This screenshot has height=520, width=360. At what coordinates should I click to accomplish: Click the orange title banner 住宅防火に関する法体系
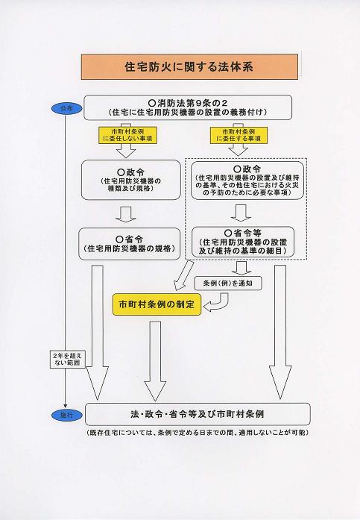click(x=189, y=66)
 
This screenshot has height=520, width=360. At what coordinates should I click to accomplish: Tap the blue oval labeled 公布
click(x=67, y=108)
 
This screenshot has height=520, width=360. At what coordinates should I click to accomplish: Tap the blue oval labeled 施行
click(x=67, y=415)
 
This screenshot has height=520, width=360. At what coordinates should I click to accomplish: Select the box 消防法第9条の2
click(x=188, y=107)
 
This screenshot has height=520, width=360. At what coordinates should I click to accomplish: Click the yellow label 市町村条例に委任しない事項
click(x=127, y=135)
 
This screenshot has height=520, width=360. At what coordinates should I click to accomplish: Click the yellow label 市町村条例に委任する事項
click(x=239, y=135)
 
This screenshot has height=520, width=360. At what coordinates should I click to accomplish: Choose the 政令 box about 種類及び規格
click(x=131, y=180)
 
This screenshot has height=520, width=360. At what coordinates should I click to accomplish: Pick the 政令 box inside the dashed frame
click(x=247, y=181)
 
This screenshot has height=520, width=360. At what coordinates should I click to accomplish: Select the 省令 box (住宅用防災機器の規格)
click(x=130, y=244)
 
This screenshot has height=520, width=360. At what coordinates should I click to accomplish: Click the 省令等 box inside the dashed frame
click(x=243, y=242)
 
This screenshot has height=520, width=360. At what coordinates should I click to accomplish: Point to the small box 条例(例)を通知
click(x=228, y=284)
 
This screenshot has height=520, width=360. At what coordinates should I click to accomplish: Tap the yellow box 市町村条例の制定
click(x=157, y=304)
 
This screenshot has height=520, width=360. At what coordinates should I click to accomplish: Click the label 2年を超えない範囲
click(x=67, y=359)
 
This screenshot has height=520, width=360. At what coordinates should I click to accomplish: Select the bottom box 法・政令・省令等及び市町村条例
click(x=198, y=414)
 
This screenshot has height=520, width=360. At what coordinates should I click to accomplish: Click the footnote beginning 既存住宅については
click(x=198, y=433)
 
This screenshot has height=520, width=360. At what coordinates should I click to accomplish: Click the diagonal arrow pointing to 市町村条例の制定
click(x=183, y=274)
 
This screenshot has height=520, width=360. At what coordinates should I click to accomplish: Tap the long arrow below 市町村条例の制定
click(x=155, y=361)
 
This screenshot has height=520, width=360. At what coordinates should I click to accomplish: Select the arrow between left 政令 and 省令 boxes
click(x=126, y=214)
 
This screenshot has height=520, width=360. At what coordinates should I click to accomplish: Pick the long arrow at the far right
click(x=280, y=332)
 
